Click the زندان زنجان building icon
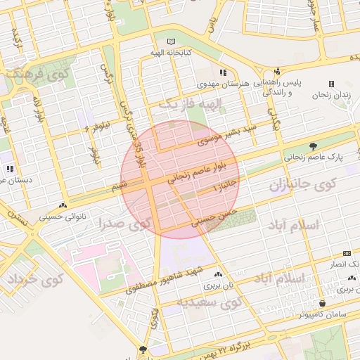[x=331, y=84]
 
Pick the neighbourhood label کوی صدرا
[x=127, y=225]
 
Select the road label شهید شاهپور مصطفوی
[x=164, y=279]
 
